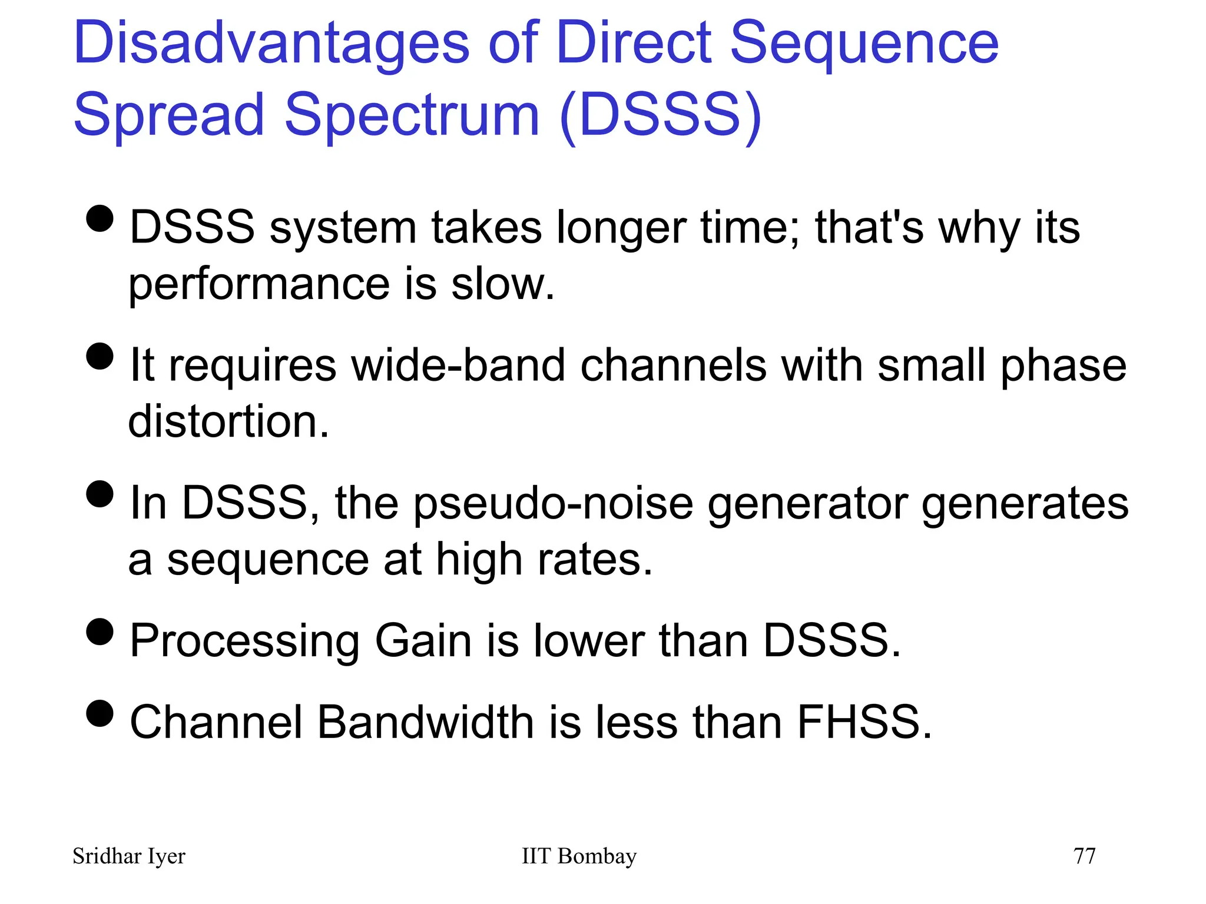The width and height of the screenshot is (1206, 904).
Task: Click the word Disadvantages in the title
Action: point(271,44)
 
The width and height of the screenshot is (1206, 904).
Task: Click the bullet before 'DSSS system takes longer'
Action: point(100,218)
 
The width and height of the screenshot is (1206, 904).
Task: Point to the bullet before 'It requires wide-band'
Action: point(100,356)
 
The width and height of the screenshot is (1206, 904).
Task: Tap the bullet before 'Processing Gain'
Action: point(100,632)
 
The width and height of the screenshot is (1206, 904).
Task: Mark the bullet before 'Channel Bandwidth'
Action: point(100,713)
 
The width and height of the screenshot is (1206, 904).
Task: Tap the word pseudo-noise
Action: point(554,504)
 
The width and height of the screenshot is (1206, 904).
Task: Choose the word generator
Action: point(807,504)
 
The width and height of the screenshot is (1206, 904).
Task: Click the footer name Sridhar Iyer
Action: point(128,856)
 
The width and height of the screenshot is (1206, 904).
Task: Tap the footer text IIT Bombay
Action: point(579,856)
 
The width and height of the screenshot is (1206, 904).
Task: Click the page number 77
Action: point(1084,856)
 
